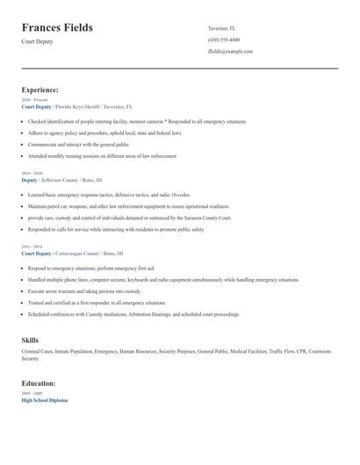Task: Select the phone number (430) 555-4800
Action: coord(224,39)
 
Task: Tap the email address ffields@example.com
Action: coord(230,51)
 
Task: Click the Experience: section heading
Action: coord(40,89)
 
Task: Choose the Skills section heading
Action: coord(30,340)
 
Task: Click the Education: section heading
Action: coord(39,383)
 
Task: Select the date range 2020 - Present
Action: coord(33,100)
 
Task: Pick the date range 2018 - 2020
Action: coord(32,173)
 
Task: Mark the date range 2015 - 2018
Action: coord(32,247)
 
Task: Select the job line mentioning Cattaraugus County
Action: coord(77,253)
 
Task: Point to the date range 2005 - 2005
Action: coord(32,394)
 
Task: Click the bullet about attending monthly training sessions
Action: coord(102,155)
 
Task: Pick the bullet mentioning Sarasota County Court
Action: coord(130,217)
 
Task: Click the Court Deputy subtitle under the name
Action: coord(37,42)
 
